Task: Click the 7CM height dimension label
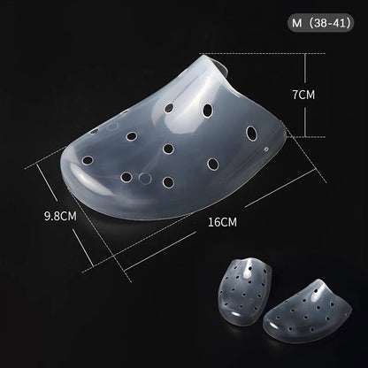coord(303,95)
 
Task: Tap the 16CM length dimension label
coord(222,222)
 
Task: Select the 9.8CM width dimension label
coord(60,216)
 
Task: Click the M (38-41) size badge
coord(321,23)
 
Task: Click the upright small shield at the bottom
coord(244,290)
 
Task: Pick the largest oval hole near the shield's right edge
coord(251,133)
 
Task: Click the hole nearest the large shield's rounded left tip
coord(88,160)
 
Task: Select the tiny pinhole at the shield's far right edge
coord(266,149)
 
